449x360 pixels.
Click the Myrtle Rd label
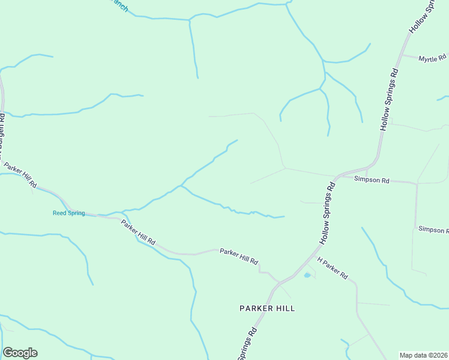tap(432, 59)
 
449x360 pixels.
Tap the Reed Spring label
tap(68, 213)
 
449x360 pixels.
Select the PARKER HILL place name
tap(267, 308)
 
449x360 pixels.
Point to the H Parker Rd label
tap(333, 269)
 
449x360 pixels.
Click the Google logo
tap(20, 353)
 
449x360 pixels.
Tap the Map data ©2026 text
tap(424, 355)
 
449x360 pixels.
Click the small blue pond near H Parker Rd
tap(307, 275)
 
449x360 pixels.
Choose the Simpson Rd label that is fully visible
tap(372, 179)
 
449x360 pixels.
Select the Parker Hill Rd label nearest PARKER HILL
tap(238, 256)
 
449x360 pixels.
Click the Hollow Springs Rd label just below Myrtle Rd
tap(390, 100)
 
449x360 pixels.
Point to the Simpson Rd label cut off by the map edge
tap(433, 230)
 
